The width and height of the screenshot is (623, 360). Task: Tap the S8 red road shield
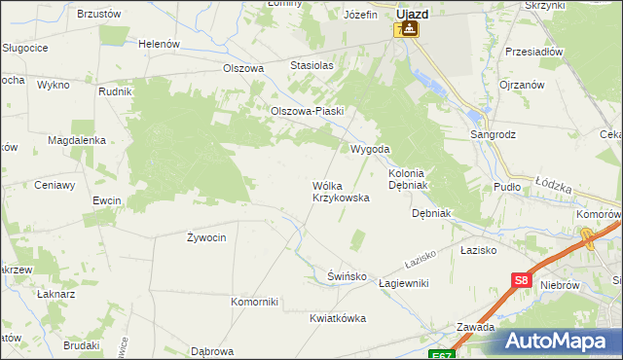(x=522, y=281)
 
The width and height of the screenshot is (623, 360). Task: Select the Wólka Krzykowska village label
(x=340, y=191)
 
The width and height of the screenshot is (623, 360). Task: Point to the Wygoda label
(x=370, y=150)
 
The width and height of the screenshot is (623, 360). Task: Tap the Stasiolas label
(x=311, y=65)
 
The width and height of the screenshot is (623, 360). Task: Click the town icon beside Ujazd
(x=412, y=29)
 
